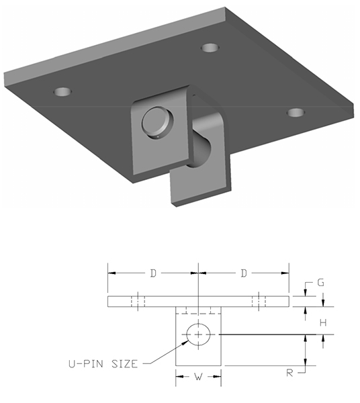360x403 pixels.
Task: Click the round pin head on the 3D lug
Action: (157, 122)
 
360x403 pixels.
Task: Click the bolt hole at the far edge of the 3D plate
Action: (211, 48)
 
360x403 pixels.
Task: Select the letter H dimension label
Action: (323, 322)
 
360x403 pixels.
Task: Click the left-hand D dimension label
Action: (153, 273)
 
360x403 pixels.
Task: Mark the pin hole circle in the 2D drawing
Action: (199, 334)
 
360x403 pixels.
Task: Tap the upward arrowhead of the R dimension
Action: (306, 338)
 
